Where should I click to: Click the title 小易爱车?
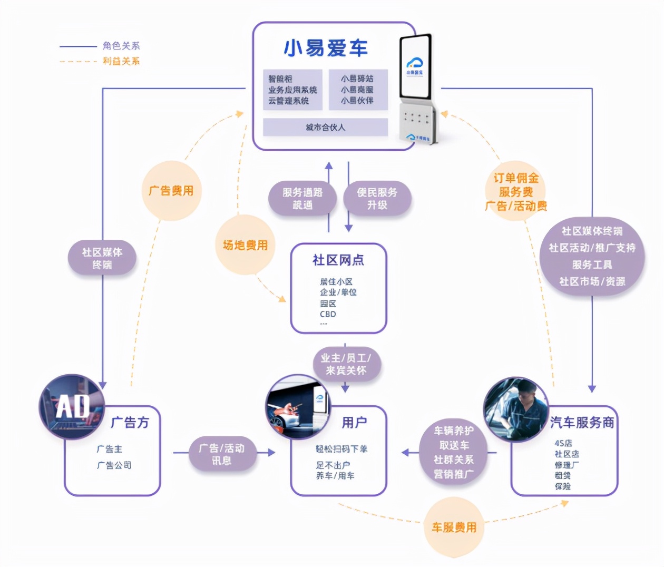tap(325, 48)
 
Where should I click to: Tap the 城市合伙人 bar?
tap(325, 127)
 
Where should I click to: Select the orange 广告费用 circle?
tap(171, 191)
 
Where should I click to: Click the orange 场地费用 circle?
tap(245, 245)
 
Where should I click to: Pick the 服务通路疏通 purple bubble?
tap(302, 199)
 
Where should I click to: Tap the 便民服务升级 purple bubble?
tap(377, 199)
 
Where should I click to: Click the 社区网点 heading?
tap(338, 260)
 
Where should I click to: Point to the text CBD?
tap(328, 314)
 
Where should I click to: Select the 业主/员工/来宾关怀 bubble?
tap(345, 364)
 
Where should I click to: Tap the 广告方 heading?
tap(130, 422)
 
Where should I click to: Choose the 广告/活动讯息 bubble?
tap(221, 454)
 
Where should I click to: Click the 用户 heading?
tap(354, 422)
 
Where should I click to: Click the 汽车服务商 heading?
tap(582, 422)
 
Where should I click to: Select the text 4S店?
tap(563, 443)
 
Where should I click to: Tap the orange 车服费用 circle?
tap(454, 527)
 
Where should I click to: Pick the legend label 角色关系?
tap(121, 46)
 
